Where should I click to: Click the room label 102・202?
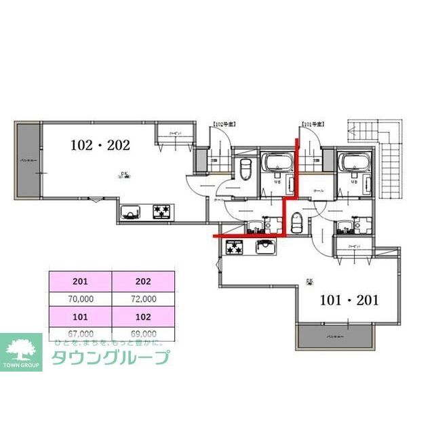point(100,144)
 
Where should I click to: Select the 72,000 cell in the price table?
point(143,298)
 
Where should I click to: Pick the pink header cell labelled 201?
point(80,281)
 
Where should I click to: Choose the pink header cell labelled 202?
point(143,281)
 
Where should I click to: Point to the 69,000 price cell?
point(143,334)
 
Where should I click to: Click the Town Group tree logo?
point(21,349)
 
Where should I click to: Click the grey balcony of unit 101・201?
point(335,336)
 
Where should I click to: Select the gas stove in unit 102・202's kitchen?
point(163,212)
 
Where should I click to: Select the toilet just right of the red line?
point(296,222)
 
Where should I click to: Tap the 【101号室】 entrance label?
point(313,125)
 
